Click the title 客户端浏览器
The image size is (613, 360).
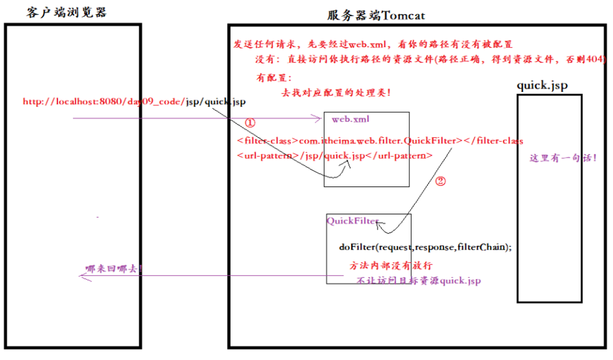66,12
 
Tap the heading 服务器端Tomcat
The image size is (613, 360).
376,15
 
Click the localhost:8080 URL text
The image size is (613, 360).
134,101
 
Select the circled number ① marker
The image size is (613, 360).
250,123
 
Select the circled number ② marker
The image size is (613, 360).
440,181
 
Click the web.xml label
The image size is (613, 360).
351,119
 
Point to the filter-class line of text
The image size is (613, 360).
380,141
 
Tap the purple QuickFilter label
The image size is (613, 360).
352,221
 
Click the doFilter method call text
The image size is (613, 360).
425,247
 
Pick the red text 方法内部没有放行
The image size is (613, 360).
391,265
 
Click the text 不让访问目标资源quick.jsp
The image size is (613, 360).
418,281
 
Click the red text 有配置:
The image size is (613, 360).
274,78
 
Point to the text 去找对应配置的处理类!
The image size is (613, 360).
336,92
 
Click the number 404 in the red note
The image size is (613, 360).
596,59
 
